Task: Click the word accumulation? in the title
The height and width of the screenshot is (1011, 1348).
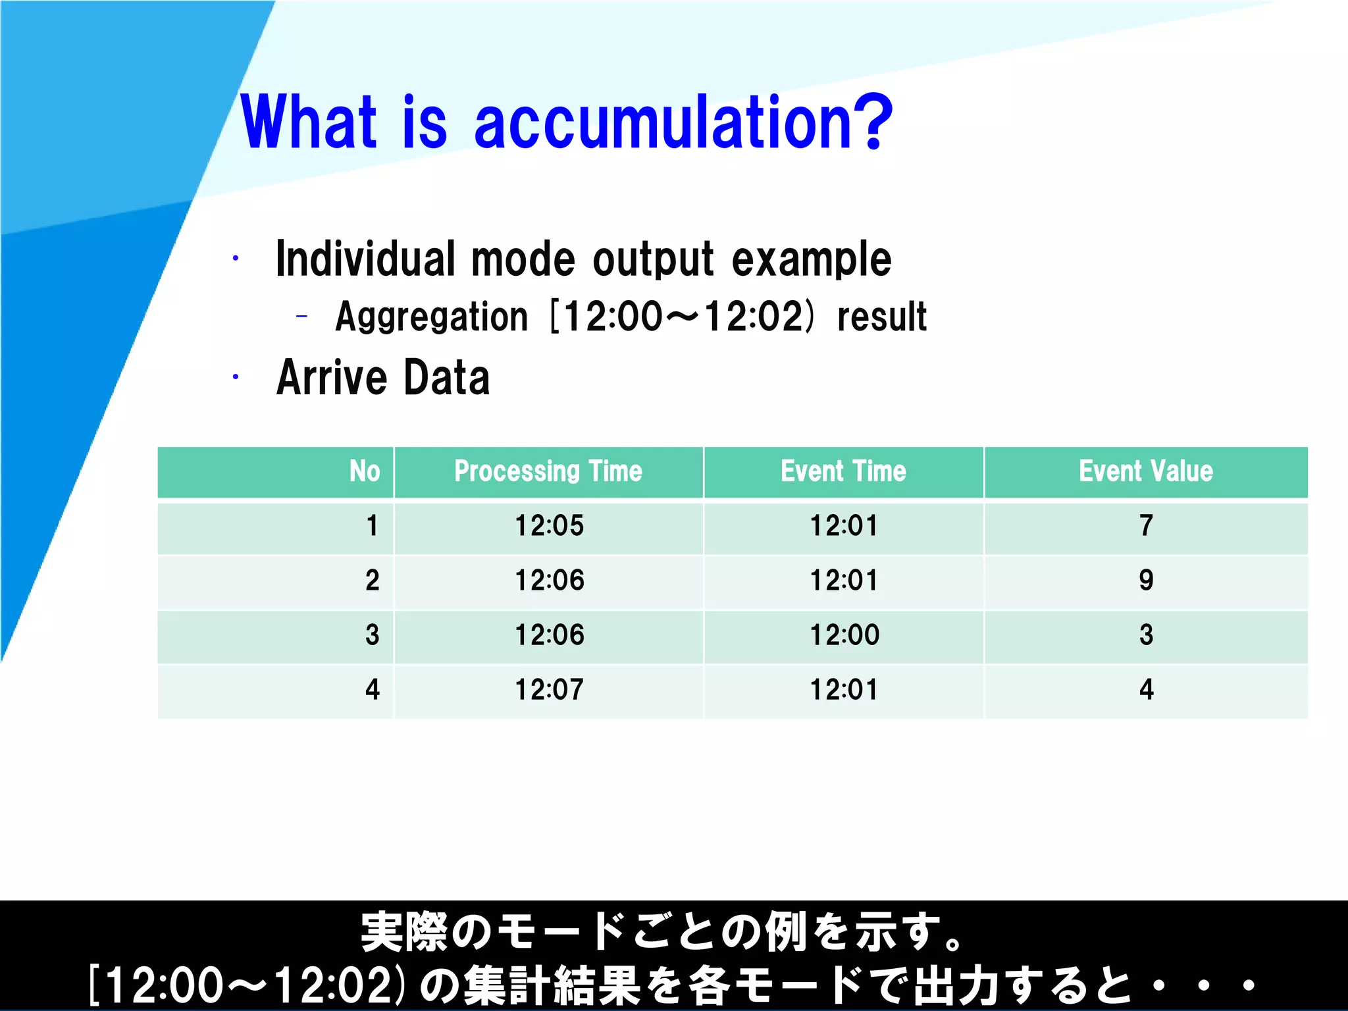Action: coord(683,123)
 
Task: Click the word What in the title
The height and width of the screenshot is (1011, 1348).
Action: coord(309,123)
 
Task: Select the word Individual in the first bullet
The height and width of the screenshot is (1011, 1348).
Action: coord(365,259)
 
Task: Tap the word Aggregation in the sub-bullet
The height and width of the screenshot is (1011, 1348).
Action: coord(431,317)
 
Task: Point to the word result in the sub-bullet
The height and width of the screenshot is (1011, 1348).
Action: coord(881,317)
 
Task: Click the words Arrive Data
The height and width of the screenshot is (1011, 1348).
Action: coord(383,378)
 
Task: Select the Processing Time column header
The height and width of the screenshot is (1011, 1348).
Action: coord(548,471)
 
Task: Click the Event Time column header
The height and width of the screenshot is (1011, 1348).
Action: coord(843,471)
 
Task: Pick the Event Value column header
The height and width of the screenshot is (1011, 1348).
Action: coord(1145,471)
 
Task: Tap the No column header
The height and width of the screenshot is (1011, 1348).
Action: coord(365,471)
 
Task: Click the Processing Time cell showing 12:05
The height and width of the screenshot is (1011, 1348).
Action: coord(549,526)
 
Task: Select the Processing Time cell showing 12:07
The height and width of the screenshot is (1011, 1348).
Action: coord(549,690)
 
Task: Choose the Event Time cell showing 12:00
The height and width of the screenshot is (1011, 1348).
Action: coord(844,635)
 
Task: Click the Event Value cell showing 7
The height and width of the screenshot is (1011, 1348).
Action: coord(1146,526)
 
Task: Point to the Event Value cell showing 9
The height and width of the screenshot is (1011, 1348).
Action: coord(1146,581)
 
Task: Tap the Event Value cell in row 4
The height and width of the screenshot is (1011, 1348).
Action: coord(1146,690)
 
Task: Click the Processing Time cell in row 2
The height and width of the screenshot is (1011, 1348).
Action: coord(549,581)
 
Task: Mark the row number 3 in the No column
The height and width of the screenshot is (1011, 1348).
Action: coord(372,635)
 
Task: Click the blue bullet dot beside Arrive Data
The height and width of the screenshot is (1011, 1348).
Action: coord(235,377)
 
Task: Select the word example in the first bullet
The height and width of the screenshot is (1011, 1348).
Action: coord(811,259)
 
